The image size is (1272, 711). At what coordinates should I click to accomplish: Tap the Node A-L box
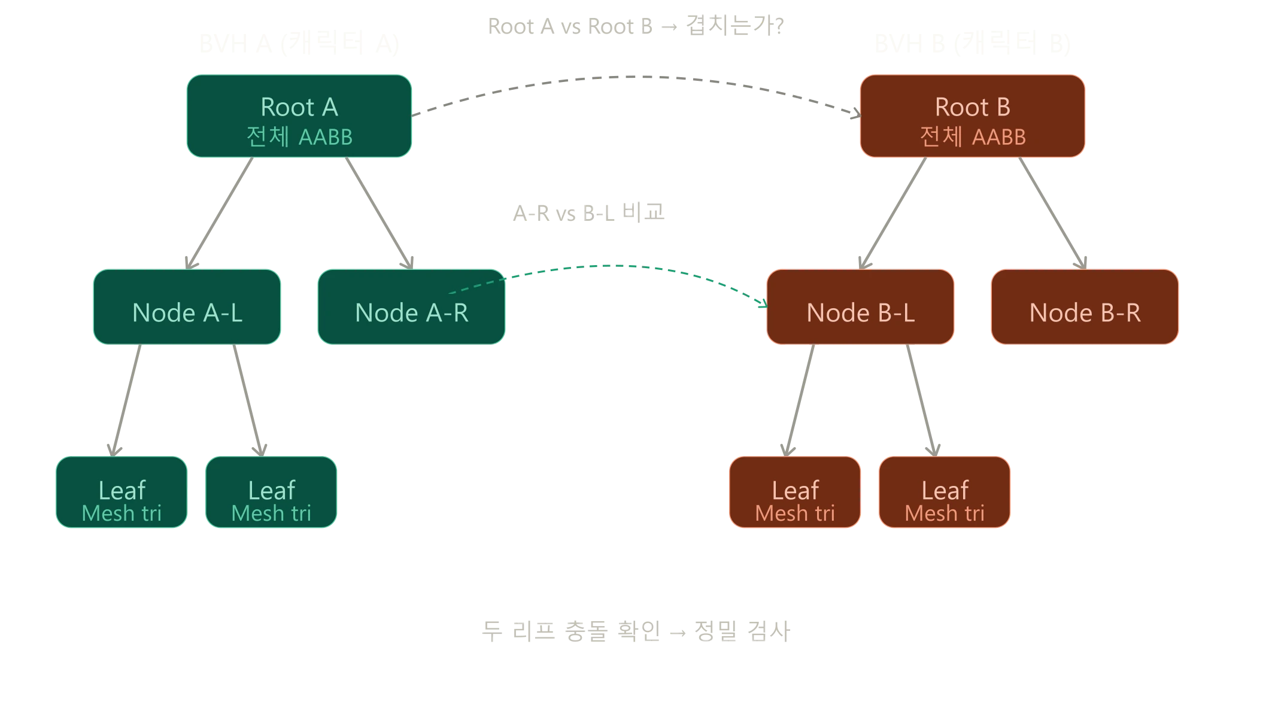coord(187,307)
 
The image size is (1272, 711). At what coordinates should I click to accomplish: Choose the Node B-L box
coord(860,307)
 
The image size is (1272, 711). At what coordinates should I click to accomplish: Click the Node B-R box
coord(1085,307)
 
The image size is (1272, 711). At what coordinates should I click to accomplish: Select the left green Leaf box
coord(122,493)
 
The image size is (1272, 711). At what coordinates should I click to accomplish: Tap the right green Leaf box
coord(271,493)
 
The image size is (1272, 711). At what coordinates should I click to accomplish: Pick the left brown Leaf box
coord(795,493)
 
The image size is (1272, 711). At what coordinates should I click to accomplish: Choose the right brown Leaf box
coord(945,493)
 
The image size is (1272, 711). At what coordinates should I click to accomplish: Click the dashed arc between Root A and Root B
coord(635,77)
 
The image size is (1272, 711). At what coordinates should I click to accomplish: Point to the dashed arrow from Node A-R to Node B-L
coord(635,266)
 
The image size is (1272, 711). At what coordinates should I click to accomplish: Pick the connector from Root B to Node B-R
coord(1052,212)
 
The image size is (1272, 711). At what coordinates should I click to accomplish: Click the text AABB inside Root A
coord(326,137)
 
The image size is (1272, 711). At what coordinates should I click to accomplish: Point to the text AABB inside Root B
coord(999,137)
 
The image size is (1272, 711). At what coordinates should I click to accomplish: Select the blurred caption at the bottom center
coord(636,631)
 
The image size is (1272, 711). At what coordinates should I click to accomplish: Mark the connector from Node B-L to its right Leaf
coord(922,398)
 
